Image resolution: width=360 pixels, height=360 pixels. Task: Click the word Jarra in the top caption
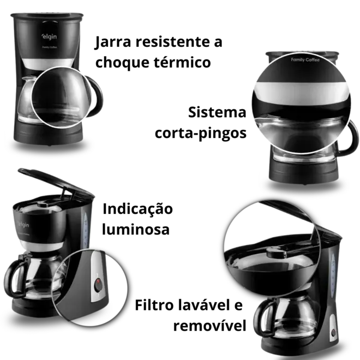(x=113, y=42)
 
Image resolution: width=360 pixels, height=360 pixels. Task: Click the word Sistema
(x=217, y=112)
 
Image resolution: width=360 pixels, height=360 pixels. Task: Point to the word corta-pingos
(x=201, y=133)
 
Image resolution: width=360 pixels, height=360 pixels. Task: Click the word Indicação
(x=137, y=209)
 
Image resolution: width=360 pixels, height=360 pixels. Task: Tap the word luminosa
(x=136, y=229)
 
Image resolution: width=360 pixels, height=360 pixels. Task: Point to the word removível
(x=209, y=325)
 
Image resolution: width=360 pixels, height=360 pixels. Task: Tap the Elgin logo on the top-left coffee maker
(x=49, y=37)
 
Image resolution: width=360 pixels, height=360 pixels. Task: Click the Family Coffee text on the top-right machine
(x=305, y=60)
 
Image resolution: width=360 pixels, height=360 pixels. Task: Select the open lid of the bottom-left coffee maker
(x=56, y=182)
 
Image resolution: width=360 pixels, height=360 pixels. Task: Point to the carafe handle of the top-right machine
(x=350, y=138)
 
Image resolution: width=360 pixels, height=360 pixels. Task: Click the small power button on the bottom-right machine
(x=333, y=332)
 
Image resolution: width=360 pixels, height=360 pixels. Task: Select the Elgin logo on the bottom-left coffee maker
(x=23, y=224)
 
